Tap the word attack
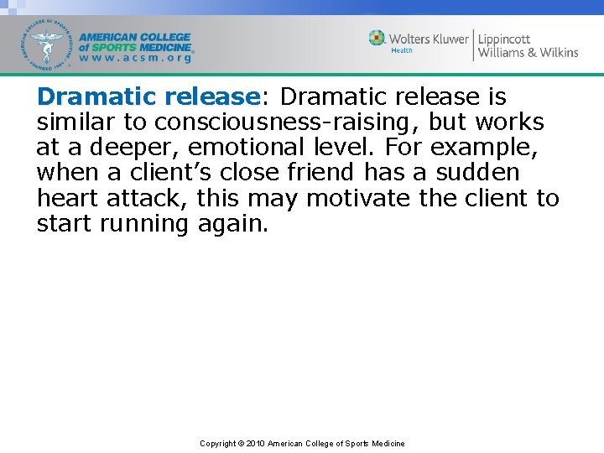pyautogui.click(x=148, y=199)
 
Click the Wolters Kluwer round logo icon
pyautogui.click(x=377, y=39)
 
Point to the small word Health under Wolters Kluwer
pyautogui.click(x=402, y=50)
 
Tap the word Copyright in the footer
pyautogui.click(x=217, y=444)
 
